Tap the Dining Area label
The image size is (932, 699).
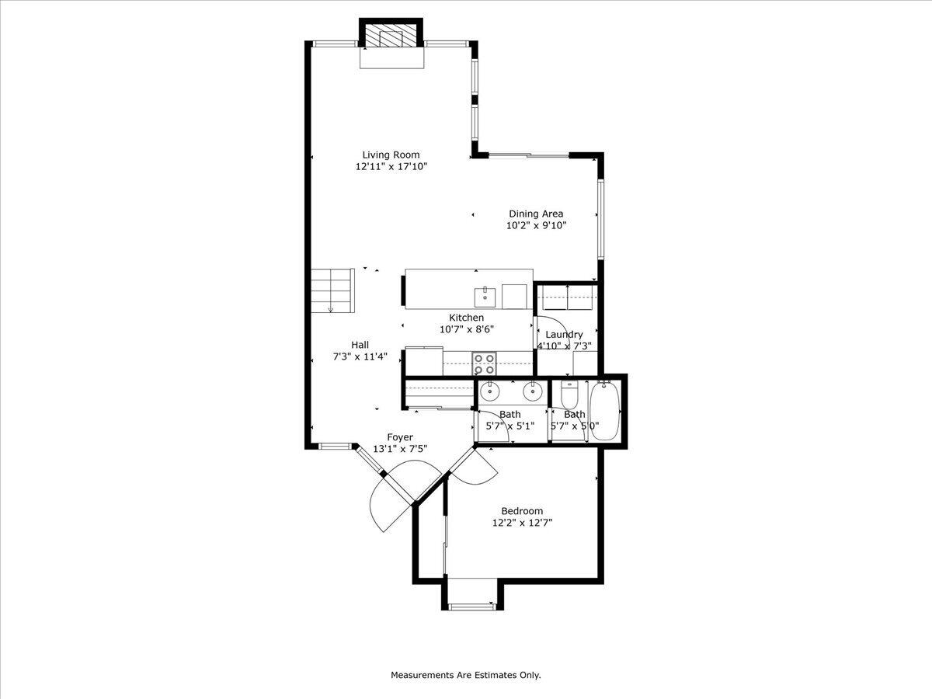pyautogui.click(x=536, y=214)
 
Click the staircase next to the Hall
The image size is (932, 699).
pyautogui.click(x=333, y=290)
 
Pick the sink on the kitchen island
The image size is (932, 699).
pyautogui.click(x=485, y=296)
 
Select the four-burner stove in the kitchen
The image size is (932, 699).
pyautogui.click(x=485, y=362)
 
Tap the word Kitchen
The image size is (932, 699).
pyautogui.click(x=467, y=318)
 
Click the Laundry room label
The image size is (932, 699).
pyautogui.click(x=564, y=335)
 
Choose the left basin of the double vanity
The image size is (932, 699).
pyautogui.click(x=490, y=391)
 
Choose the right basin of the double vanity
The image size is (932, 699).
pyautogui.click(x=532, y=391)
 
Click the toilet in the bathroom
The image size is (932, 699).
pyautogui.click(x=569, y=396)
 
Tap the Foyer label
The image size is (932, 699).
pyautogui.click(x=400, y=437)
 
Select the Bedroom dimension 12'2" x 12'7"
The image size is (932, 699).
pyautogui.click(x=522, y=523)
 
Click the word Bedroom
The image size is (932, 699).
pyautogui.click(x=522, y=511)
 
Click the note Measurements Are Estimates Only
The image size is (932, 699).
pyautogui.click(x=465, y=675)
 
